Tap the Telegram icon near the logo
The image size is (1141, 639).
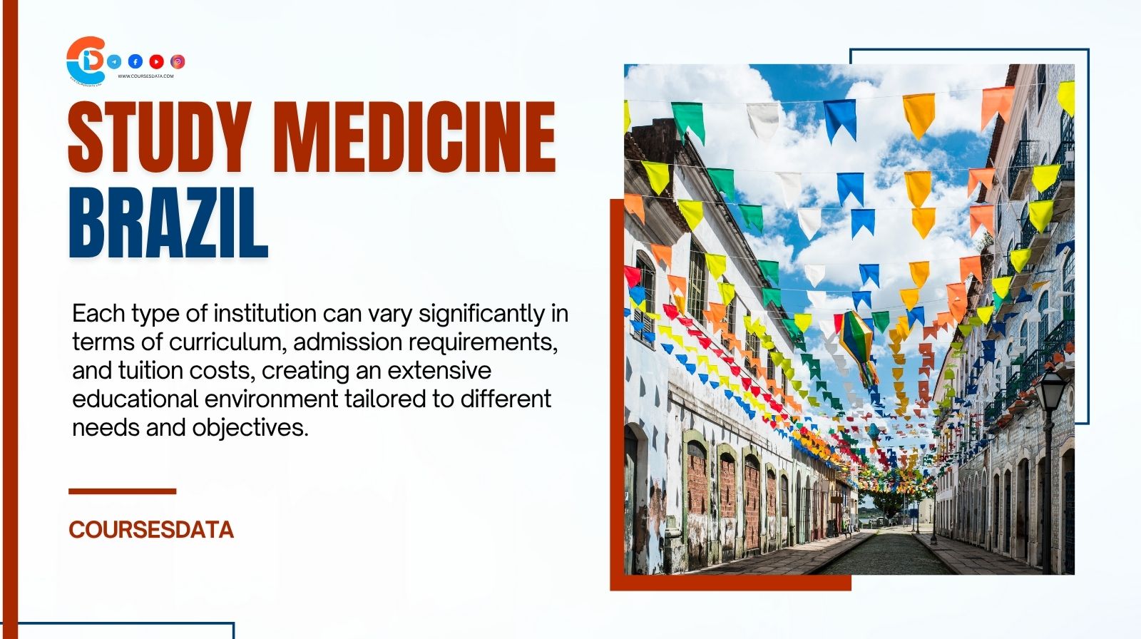pos(114,62)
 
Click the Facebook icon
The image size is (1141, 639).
pos(135,62)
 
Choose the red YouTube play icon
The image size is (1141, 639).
pos(156,62)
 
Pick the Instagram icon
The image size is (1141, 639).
pos(178,62)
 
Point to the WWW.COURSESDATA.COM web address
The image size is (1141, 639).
pos(145,76)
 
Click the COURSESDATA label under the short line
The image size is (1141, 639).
pos(151,530)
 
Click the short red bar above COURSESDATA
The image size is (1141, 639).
pos(122,491)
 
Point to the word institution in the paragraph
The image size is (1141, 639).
pos(265,314)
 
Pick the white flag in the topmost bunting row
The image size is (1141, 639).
pos(763,119)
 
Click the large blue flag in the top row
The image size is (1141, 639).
pos(840,118)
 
